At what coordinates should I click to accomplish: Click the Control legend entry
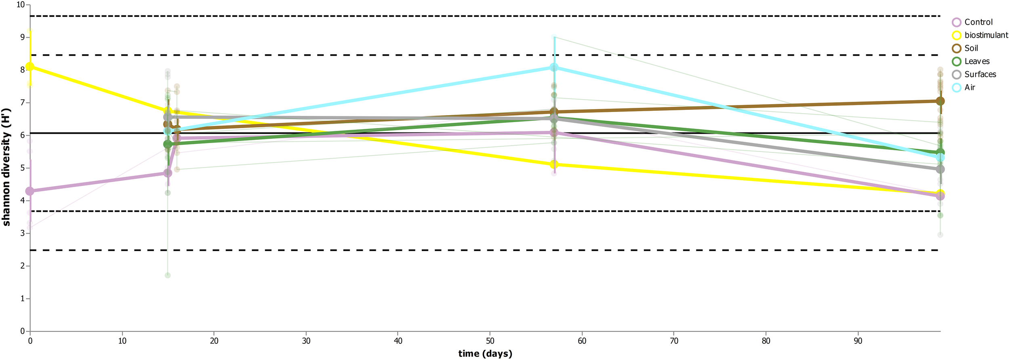pos(978,22)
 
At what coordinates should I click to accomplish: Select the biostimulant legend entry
pos(986,35)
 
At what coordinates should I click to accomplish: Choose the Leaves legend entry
pos(976,61)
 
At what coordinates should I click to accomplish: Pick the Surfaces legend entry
pos(980,74)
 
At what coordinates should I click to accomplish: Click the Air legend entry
pos(969,87)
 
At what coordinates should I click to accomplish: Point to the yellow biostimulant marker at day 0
pos(30,67)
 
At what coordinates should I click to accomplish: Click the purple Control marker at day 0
pos(30,191)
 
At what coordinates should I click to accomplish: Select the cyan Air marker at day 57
pos(554,67)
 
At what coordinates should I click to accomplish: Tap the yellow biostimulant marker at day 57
pos(554,164)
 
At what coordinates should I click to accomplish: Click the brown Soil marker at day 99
pos(941,101)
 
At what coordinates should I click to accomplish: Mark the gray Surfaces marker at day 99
pos(941,169)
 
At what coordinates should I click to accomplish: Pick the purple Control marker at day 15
pos(168,173)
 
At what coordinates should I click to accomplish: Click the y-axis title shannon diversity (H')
pos(6,167)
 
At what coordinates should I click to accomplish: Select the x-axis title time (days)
pos(485,354)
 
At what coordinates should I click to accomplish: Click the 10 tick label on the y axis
pos(20,5)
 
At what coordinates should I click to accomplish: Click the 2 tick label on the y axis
pos(23,266)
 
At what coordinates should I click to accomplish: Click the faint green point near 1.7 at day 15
pos(168,276)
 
